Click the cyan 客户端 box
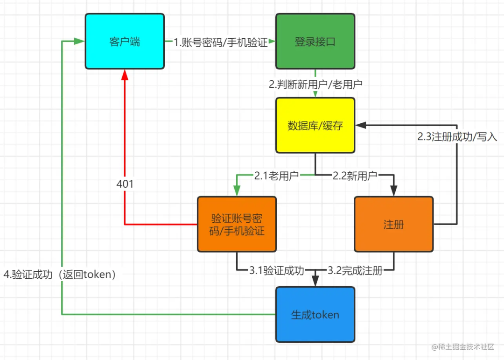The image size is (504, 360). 125,41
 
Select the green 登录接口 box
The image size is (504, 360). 315,41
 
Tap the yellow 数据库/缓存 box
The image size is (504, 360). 315,125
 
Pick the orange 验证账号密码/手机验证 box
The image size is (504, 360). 237,224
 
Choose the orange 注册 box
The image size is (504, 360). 393,224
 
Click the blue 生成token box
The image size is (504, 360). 315,314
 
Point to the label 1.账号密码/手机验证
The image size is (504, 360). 221,42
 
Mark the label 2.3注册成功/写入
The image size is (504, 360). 457,138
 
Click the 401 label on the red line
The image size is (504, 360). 125,184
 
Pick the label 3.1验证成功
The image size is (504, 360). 276,270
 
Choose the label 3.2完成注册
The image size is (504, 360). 355,270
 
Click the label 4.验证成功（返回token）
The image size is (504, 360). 60,275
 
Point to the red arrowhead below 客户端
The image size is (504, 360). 125,75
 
